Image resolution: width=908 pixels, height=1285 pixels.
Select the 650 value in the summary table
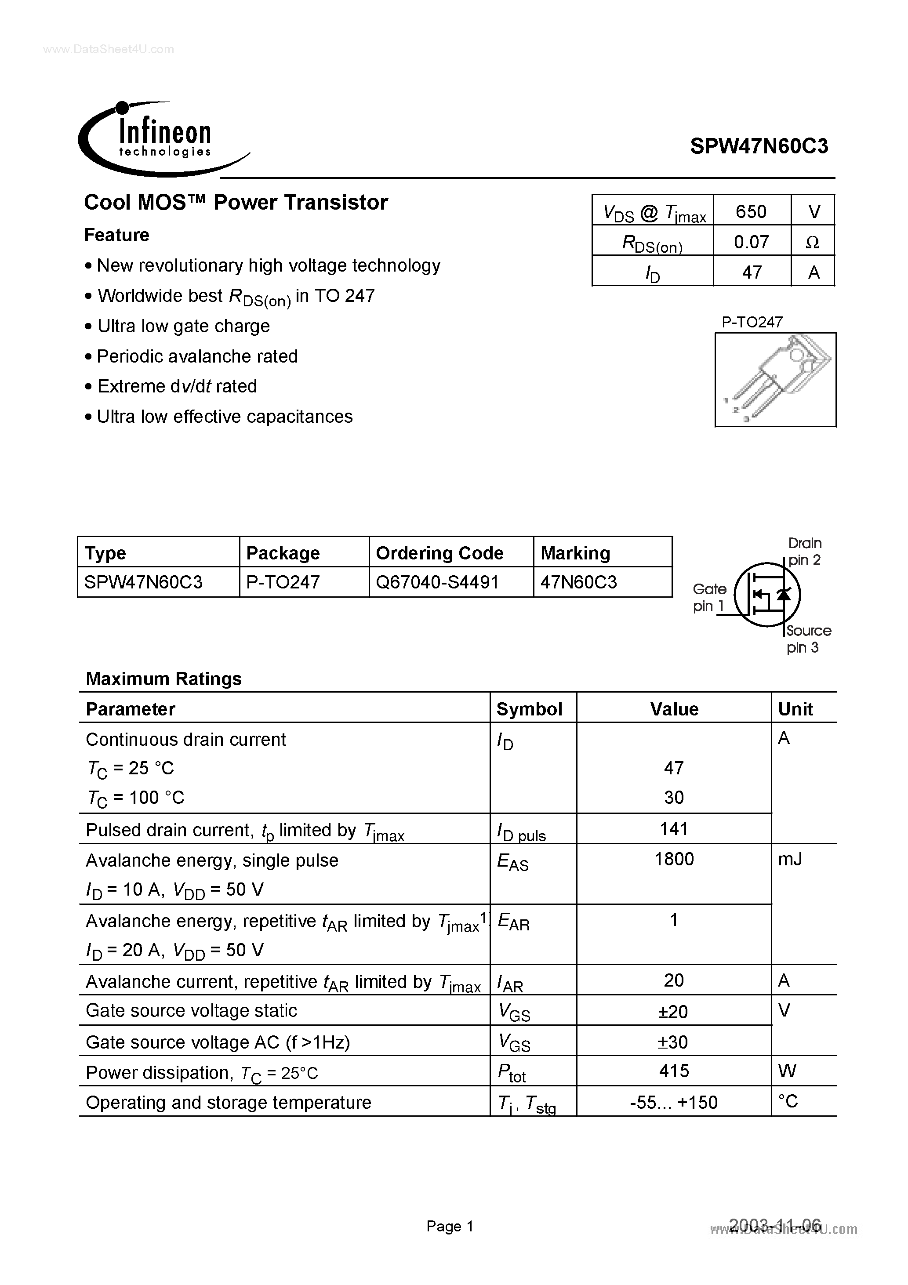click(751, 211)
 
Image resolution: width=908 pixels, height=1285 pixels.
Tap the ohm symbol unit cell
click(812, 242)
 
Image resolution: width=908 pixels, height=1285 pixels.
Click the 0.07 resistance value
click(751, 242)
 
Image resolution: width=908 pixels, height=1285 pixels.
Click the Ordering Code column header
click(439, 553)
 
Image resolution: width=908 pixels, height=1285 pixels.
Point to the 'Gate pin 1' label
click(709, 597)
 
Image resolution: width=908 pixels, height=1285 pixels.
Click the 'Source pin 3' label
click(808, 639)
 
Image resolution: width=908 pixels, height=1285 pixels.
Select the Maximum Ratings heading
click(163, 679)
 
